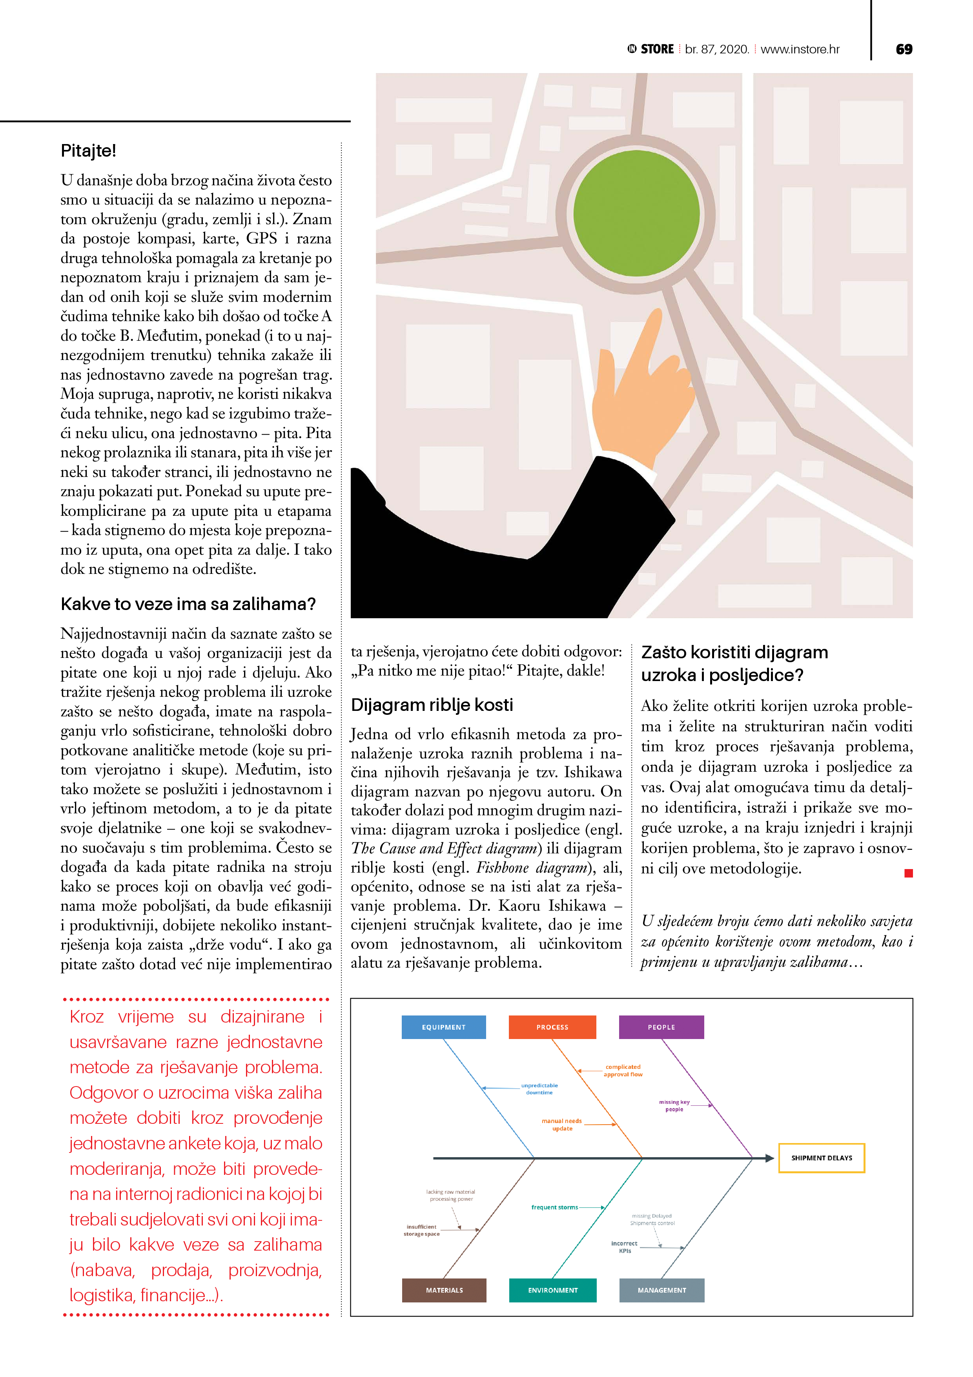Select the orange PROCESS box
(552, 1027)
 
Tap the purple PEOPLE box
(661, 1027)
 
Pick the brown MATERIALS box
(444, 1289)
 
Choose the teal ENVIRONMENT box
(553, 1289)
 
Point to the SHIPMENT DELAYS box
(821, 1158)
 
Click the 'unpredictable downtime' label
(539, 1088)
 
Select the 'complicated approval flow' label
(623, 1070)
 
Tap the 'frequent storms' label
(554, 1207)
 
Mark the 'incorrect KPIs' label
(624, 1247)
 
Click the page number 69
(904, 49)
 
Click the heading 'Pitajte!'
(88, 150)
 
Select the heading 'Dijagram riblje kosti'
(432, 705)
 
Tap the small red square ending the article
(908, 873)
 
